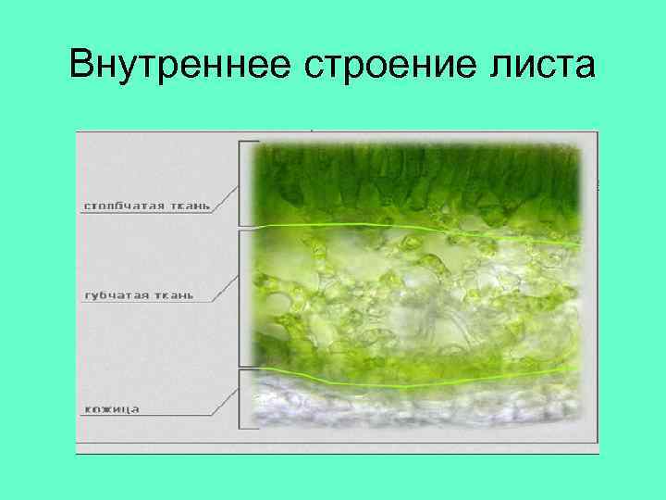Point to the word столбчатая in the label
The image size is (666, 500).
[117, 205]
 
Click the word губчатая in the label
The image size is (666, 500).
[111, 294]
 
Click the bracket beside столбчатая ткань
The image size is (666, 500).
[241, 183]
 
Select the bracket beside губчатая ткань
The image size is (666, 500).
[241, 298]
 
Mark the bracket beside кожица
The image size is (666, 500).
[241, 398]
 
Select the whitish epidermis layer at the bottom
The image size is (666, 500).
[416, 407]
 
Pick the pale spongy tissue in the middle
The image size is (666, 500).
[416, 296]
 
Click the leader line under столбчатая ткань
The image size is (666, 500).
[148, 213]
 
